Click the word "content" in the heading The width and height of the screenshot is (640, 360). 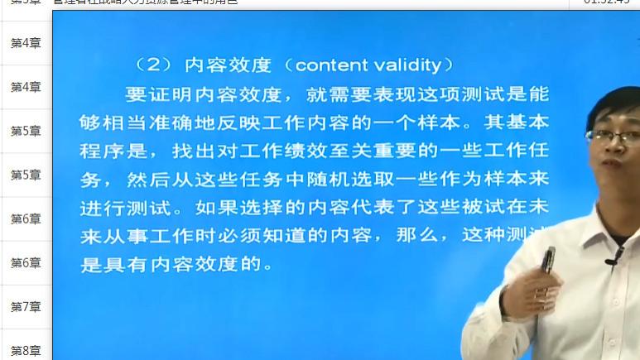329,65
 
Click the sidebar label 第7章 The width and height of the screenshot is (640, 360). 26,306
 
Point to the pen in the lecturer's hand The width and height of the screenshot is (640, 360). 547,262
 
